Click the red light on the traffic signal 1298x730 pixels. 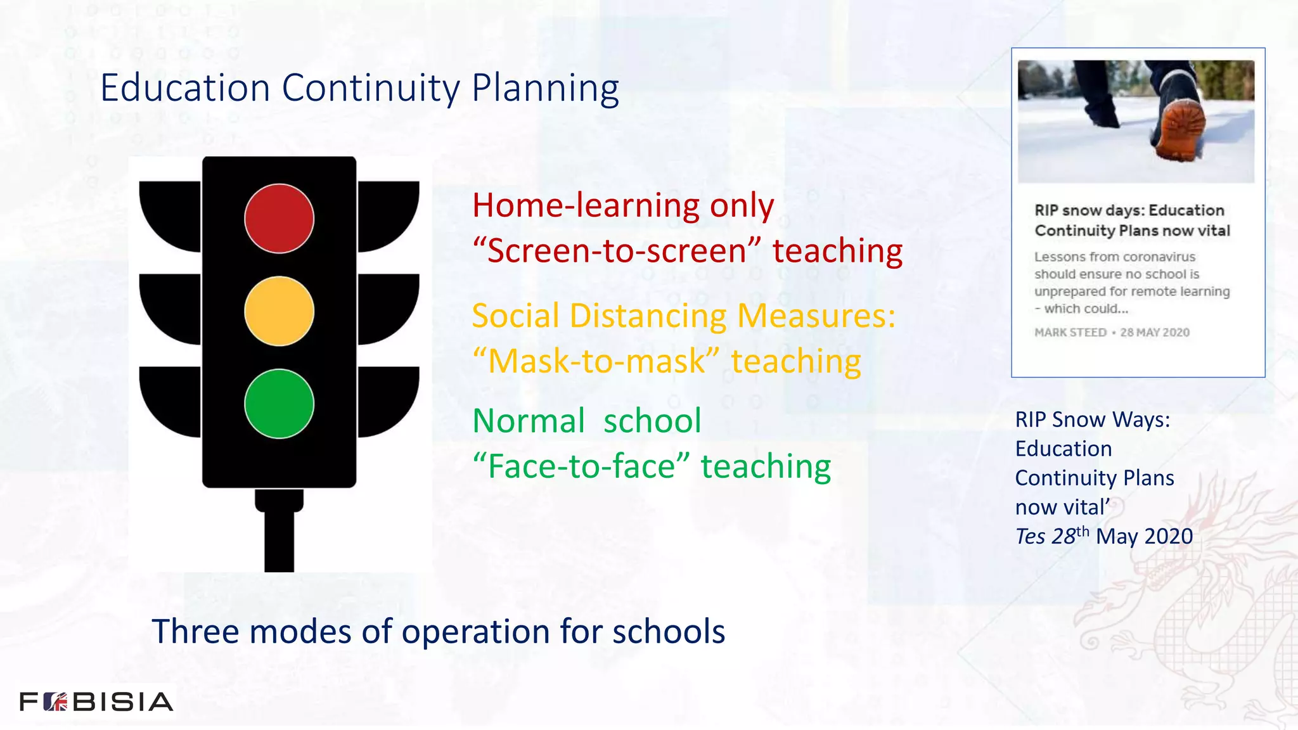coord(279,219)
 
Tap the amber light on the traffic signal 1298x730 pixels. coord(279,311)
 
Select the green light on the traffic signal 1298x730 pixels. coord(279,404)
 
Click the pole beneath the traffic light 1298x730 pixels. coord(279,539)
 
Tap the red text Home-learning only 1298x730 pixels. coord(623,205)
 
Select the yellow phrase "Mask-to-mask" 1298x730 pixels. coord(596,361)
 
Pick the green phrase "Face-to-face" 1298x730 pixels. coord(581,466)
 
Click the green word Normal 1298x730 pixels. coord(529,421)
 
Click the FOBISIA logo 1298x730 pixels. coord(96,701)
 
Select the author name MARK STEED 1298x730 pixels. coord(1070,333)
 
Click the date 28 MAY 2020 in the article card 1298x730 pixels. coord(1154,333)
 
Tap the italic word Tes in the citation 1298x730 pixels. coord(1030,537)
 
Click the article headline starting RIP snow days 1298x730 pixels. coord(1132,221)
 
